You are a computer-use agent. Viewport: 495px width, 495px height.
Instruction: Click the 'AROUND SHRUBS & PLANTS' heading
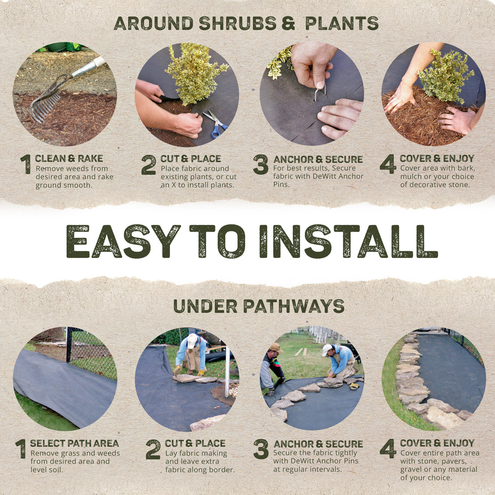[x=246, y=23]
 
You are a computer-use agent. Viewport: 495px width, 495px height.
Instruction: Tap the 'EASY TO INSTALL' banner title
[x=252, y=241]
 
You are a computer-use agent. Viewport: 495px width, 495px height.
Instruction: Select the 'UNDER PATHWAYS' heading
[x=258, y=306]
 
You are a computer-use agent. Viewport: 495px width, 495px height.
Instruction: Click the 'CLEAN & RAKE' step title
[x=69, y=159]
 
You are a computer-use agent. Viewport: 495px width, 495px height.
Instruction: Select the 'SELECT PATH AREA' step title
[x=74, y=443]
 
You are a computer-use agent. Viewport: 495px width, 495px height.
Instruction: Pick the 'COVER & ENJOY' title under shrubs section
[x=437, y=159]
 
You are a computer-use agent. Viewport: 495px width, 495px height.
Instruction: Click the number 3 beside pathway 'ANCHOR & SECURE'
[x=261, y=449]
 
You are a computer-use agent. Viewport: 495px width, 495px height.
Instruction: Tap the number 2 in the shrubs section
[x=148, y=165]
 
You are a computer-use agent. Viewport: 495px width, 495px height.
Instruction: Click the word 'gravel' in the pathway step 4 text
[x=411, y=470]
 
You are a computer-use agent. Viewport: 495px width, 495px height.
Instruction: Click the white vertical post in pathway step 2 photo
[x=227, y=371]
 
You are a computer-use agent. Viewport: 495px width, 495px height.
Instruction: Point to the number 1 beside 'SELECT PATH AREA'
[x=21, y=449]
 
